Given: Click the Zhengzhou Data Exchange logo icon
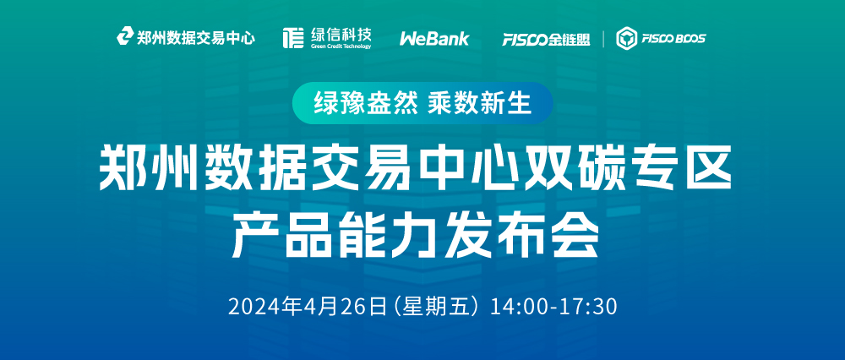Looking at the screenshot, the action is coord(125,36).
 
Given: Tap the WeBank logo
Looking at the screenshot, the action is coord(434,39).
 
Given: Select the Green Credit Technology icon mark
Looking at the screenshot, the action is coord(293,38).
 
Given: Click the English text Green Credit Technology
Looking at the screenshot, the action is coord(341,46).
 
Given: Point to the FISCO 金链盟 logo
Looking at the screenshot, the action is coord(545,39).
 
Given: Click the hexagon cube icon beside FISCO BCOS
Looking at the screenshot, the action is coord(627,38).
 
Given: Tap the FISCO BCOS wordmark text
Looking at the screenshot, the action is coord(673,38).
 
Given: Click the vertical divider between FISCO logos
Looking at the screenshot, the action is coord(603,39).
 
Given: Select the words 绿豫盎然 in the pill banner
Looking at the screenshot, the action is coord(366,103).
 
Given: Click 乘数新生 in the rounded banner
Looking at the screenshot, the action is coord(480,103).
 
